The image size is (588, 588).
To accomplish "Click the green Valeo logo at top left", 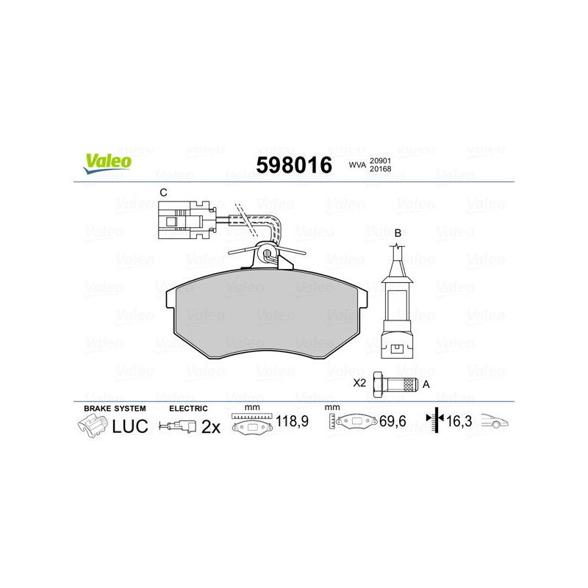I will [x=107, y=163].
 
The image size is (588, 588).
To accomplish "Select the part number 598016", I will [x=293, y=165].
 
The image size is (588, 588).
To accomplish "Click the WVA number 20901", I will [x=379, y=161].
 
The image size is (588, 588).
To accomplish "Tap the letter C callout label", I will [x=163, y=193].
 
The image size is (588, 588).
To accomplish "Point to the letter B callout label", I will [x=398, y=233].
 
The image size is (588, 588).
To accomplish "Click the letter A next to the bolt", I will [x=426, y=384].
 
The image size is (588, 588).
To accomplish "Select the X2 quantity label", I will [x=359, y=384].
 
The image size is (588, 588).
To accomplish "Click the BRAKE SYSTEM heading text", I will [x=115, y=408].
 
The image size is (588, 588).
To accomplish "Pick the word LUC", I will [x=130, y=426].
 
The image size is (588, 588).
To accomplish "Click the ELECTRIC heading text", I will [x=189, y=408].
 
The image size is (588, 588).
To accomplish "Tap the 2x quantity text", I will [x=211, y=426].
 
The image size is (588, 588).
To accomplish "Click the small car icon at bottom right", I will [x=495, y=422].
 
